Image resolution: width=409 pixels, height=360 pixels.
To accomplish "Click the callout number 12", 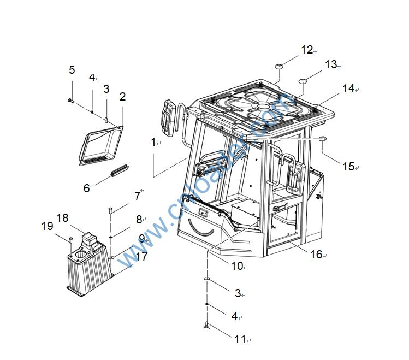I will tap(306, 50).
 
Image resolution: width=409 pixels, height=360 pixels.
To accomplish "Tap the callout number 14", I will tap(348, 88).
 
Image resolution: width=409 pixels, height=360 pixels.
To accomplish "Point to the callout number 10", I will tap(237, 266).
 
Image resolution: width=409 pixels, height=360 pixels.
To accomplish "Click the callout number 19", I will tap(47, 226).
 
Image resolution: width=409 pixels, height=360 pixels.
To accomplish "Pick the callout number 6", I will tap(86, 188).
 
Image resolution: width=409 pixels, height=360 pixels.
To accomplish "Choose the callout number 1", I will tap(153, 142).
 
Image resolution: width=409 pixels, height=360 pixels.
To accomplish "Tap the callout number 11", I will tap(240, 339).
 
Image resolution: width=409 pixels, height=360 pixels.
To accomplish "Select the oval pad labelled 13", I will tap(304, 81).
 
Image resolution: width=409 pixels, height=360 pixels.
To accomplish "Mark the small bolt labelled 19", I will tap(71, 239).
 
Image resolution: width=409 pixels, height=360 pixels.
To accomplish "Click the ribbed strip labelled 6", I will tap(118, 170).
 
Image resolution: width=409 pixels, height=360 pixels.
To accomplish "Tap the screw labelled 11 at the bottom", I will tap(206, 326).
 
